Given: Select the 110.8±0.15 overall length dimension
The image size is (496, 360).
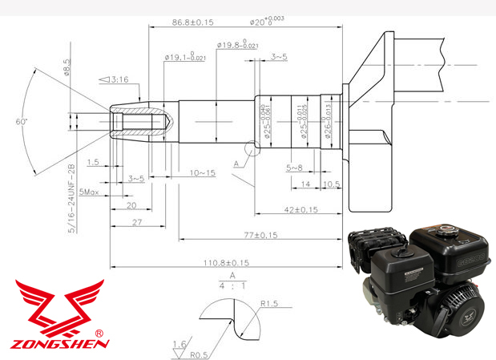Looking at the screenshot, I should coord(227,262).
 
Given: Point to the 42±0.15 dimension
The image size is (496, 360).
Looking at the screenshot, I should coord(300,210).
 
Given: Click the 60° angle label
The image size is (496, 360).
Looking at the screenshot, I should coord(20,121).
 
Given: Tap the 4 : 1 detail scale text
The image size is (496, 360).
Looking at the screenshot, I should coord(232,284).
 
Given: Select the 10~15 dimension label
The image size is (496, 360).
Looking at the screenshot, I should coord(202,173).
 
